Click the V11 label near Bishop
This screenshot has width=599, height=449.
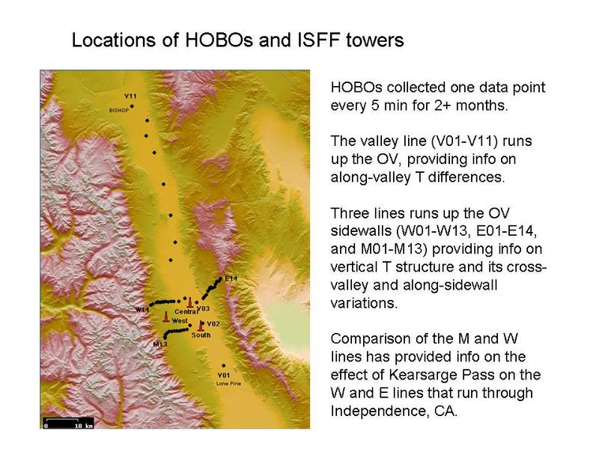click(130, 97)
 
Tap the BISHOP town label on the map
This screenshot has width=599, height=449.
click(119, 110)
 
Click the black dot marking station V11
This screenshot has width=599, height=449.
click(133, 106)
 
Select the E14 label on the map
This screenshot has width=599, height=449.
click(231, 278)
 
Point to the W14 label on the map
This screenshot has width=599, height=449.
click(142, 309)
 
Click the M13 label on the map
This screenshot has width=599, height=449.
click(160, 344)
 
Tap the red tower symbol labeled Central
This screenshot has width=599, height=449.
click(190, 302)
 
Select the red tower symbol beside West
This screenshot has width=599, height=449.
click(166, 317)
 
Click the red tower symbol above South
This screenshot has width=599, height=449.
click(201, 326)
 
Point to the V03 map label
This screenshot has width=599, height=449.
click(203, 308)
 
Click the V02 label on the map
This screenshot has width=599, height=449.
click(213, 324)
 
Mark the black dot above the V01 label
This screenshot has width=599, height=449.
click(224, 366)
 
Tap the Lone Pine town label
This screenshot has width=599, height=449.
click(228, 383)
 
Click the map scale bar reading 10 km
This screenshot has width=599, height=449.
click(68, 423)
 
